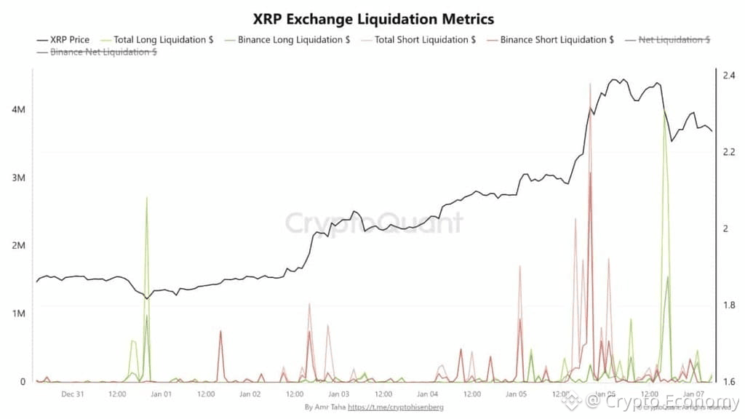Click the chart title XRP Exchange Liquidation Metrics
point(372,17)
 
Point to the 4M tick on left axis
point(20,109)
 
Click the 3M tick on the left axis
point(20,177)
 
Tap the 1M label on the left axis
point(20,314)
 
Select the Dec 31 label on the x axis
point(73,394)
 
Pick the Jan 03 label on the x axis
point(340,394)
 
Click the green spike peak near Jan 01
point(147,198)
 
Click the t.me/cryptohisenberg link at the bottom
point(396,407)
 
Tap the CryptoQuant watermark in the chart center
point(372,223)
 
